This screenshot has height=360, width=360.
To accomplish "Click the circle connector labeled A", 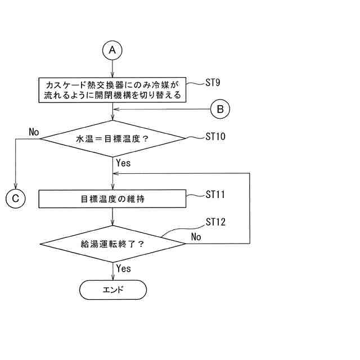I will pyautogui.click(x=113, y=50).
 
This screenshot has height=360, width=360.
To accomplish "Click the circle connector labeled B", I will pyautogui.click(x=220, y=109).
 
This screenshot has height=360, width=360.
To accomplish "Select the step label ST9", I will pyautogui.click(x=213, y=83).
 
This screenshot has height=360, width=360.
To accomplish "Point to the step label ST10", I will pyautogui.click(x=215, y=136).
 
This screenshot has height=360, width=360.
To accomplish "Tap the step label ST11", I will pyautogui.click(x=215, y=195).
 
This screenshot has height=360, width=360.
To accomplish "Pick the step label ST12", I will pyautogui.click(x=215, y=222).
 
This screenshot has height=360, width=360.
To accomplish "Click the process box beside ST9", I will pyautogui.click(x=112, y=90).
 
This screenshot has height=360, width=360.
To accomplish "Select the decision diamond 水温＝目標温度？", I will pyautogui.click(x=112, y=138).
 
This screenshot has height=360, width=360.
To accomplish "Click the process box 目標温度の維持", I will pyautogui.click(x=112, y=198).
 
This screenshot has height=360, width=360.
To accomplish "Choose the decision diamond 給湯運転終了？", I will pyautogui.click(x=112, y=244).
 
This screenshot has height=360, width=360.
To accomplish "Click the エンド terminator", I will pyautogui.click(x=112, y=290).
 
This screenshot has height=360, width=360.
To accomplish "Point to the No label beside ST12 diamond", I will pyautogui.click(x=196, y=237).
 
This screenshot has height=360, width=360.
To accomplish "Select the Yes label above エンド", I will pyautogui.click(x=123, y=268).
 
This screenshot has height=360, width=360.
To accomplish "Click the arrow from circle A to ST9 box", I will pyautogui.click(x=113, y=67).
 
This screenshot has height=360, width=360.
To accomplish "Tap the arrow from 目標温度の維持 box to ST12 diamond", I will pyautogui.click(x=113, y=216).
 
